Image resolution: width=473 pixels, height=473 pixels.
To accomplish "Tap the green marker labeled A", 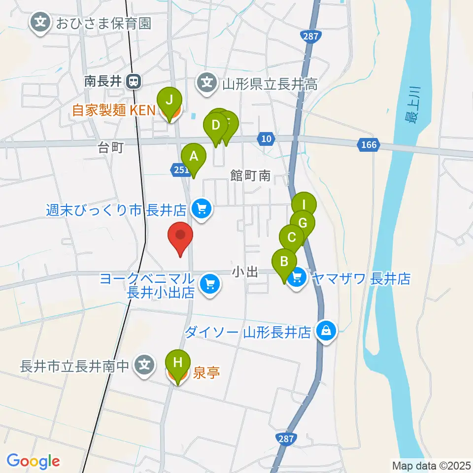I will (194, 157).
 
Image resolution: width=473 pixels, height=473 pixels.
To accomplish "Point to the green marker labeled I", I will (304, 205).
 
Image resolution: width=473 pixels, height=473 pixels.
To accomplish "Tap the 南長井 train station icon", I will (133, 82).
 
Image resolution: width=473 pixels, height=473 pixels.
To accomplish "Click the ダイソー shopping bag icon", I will (326, 331).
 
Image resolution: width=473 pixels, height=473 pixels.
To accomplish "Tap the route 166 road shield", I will (369, 144).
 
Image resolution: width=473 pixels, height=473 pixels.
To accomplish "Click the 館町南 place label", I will (251, 175).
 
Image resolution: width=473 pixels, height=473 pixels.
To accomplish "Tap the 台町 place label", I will (110, 148).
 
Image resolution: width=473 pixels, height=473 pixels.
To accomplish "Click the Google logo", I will (33, 461).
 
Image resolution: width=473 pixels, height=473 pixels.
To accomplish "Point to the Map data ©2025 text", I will (431, 465).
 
